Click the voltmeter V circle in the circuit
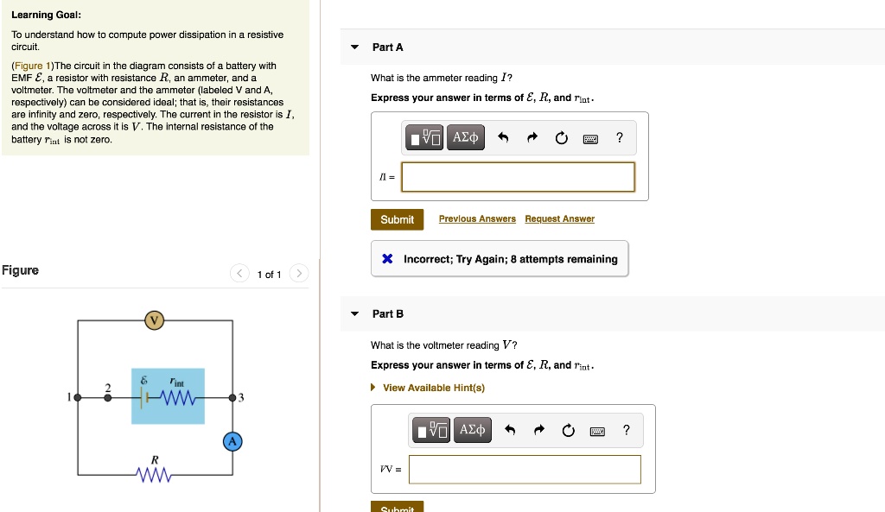pos(154,321)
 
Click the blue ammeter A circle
pos(232,442)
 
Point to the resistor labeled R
pos(155,475)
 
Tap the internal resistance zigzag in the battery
pos(181,398)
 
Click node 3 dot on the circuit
pos(232,398)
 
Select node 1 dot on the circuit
pos(78,398)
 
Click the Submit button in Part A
pos(397,219)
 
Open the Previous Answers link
pos(477,219)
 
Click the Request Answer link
pos(559,219)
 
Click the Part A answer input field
pos(518,177)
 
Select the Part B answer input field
pos(525,470)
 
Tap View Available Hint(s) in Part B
pos(433,388)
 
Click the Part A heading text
pos(387,47)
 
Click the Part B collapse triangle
pos(354,314)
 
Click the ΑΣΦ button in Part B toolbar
pos(472,430)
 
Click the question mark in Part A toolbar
pos(619,138)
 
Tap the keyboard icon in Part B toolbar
pos(596,431)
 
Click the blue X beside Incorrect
pos(388,259)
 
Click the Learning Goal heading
pos(46,15)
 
